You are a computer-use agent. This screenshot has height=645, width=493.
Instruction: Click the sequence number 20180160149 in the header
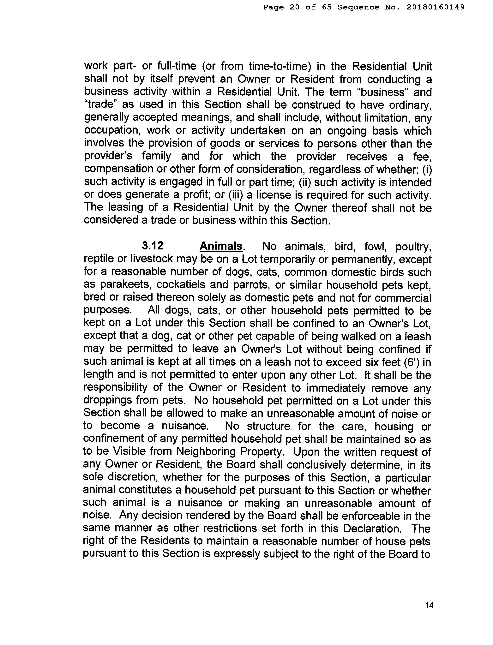pos(436,7)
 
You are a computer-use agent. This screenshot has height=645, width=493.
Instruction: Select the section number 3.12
pos(152,246)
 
